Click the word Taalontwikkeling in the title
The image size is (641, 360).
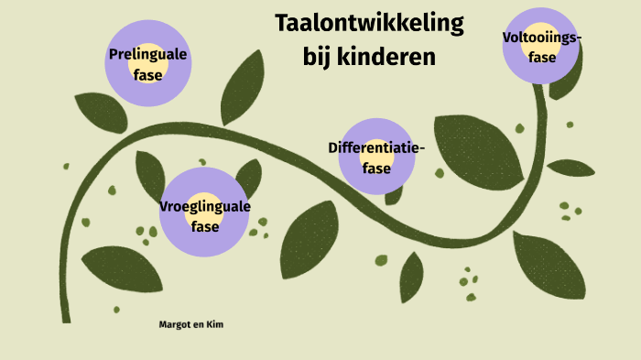[369, 23]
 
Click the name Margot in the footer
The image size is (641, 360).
[174, 324]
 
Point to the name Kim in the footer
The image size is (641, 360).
[215, 324]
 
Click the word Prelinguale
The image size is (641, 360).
[147, 55]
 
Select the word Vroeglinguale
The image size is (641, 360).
[205, 207]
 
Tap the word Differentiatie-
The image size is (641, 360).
[376, 147]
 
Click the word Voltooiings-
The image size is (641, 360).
[542, 37]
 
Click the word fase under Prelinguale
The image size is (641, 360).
[147, 74]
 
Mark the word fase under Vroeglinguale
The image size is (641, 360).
[205, 225]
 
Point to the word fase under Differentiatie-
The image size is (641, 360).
[376, 168]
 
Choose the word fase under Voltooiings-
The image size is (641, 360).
[542, 56]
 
